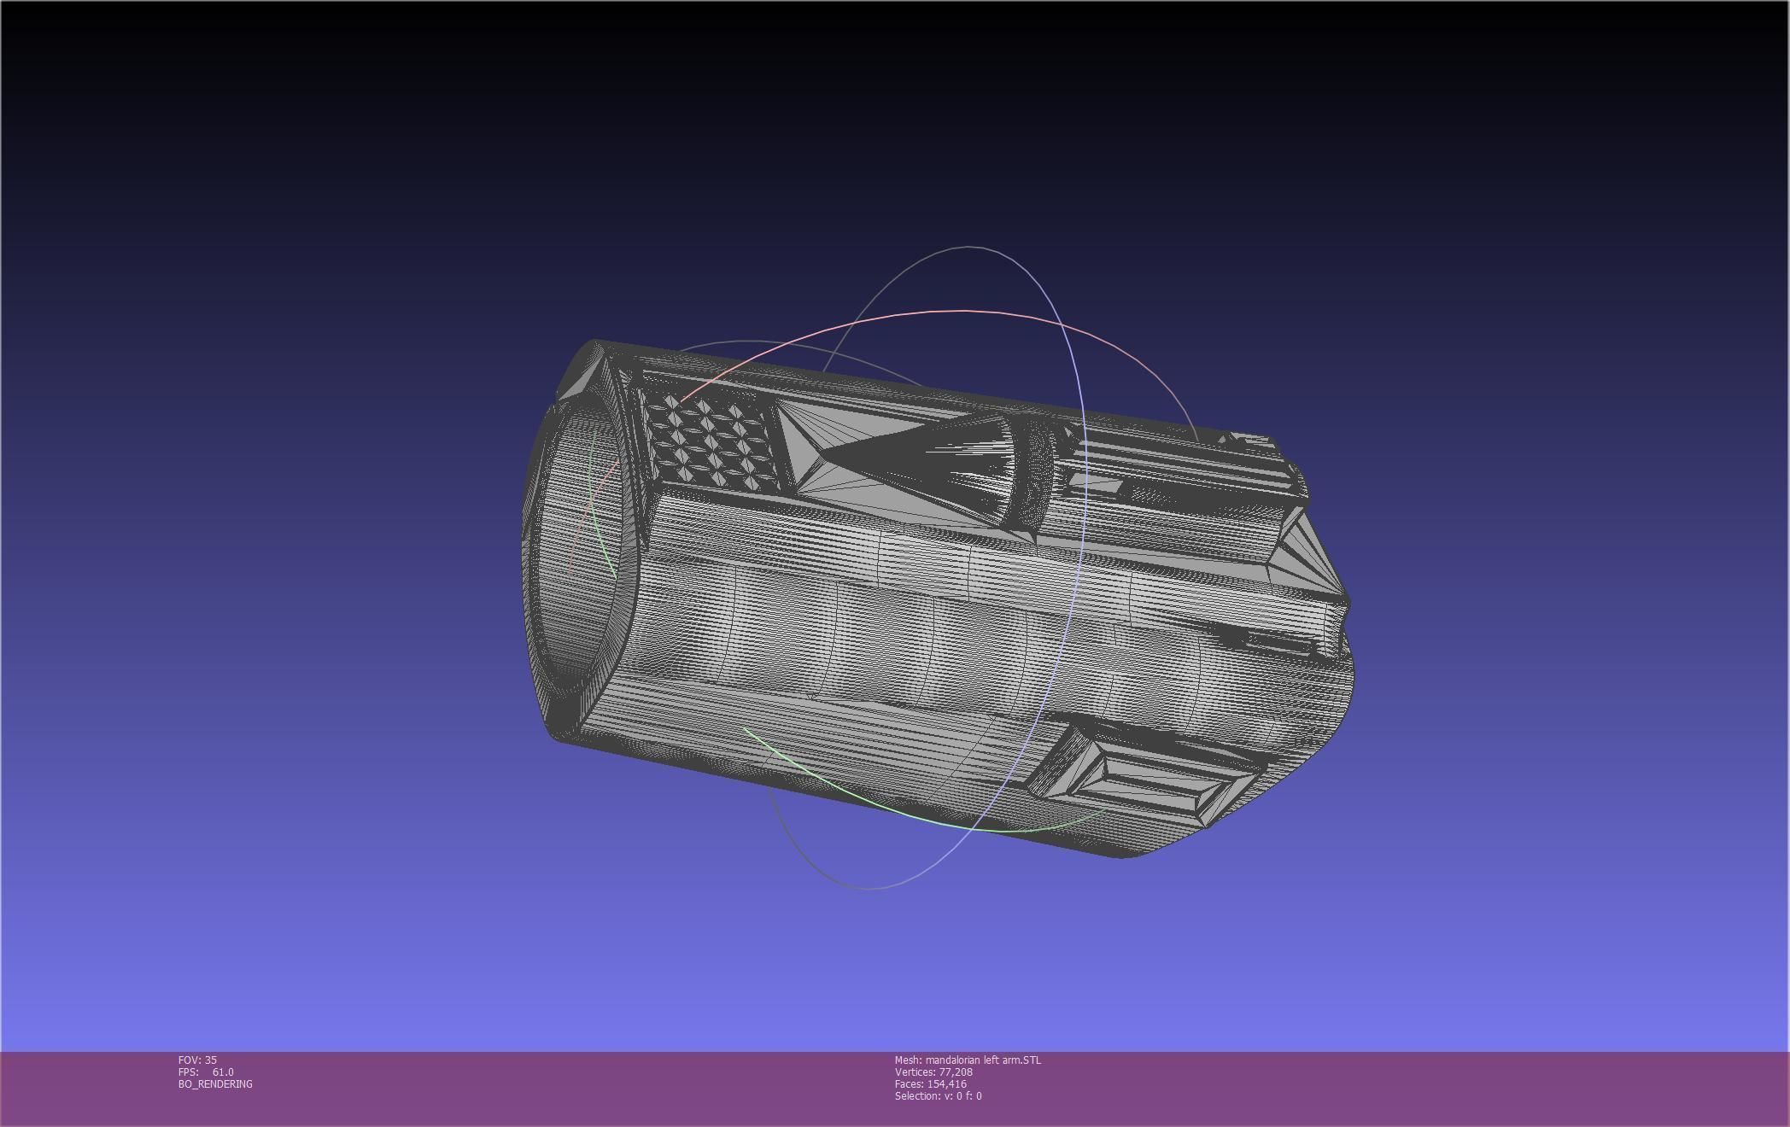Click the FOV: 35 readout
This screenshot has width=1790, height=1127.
(197, 1060)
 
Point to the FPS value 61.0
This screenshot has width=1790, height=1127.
(223, 1072)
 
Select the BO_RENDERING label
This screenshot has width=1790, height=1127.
(215, 1083)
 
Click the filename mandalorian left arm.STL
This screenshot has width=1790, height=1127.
(983, 1060)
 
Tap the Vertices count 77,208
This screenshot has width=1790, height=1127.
(955, 1072)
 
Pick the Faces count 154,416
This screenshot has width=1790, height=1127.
(946, 1083)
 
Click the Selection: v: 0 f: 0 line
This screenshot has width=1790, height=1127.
(938, 1095)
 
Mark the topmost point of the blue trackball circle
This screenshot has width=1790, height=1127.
(969, 247)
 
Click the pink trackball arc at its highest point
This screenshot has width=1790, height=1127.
(965, 311)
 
